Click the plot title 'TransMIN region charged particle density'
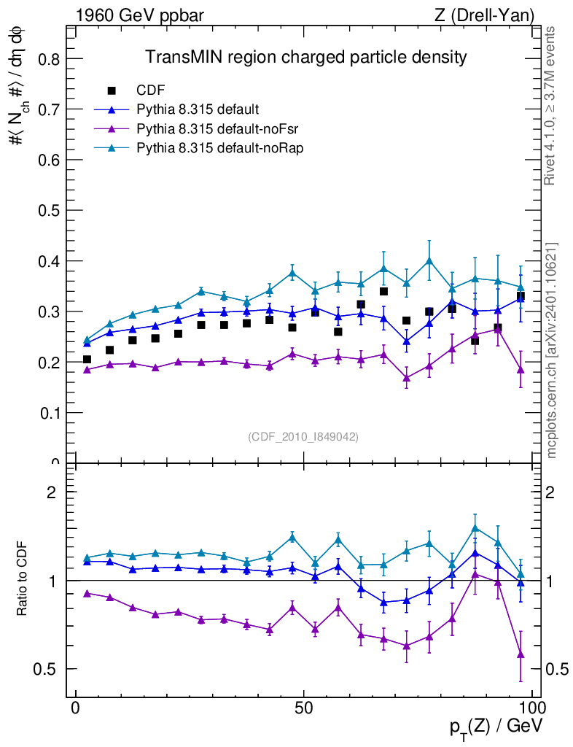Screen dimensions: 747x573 pyautogui.click(x=305, y=57)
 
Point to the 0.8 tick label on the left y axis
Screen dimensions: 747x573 pyautogui.click(x=47, y=58)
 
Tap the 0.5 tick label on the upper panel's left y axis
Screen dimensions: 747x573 pyautogui.click(x=47, y=210)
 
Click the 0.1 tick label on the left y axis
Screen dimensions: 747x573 pyautogui.click(x=47, y=413)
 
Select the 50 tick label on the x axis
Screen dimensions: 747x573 pyautogui.click(x=304, y=708)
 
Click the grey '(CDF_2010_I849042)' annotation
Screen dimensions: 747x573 pyautogui.click(x=303, y=436)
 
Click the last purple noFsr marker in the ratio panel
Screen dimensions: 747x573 pyautogui.click(x=521, y=654)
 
